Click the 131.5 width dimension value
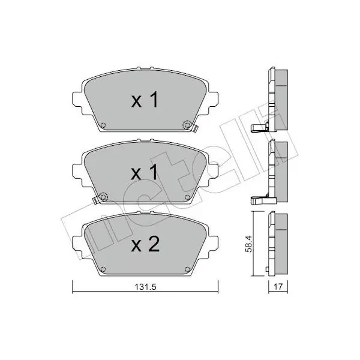pyautogui.click(x=145, y=287)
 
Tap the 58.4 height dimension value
pyautogui.click(x=248, y=244)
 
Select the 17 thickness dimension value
pyautogui.click(x=278, y=287)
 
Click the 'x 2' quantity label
pyautogui.click(x=145, y=245)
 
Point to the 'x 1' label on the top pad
pyautogui.click(x=145, y=100)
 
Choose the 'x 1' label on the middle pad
pyautogui.click(x=145, y=172)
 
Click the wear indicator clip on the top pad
pyautogui.click(x=194, y=128)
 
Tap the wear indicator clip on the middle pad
pyautogui.click(x=95, y=200)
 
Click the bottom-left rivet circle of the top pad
pyautogui.click(x=103, y=125)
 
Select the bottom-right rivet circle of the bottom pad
pyautogui.click(x=187, y=269)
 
